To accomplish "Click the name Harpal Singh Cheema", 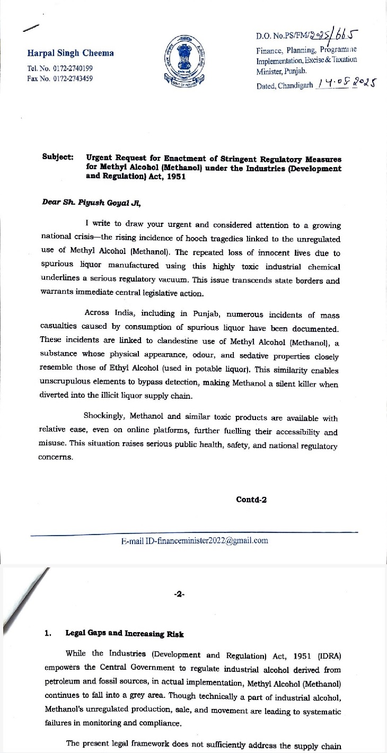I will [x=71, y=53].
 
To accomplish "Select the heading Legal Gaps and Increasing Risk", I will [x=125, y=633].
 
